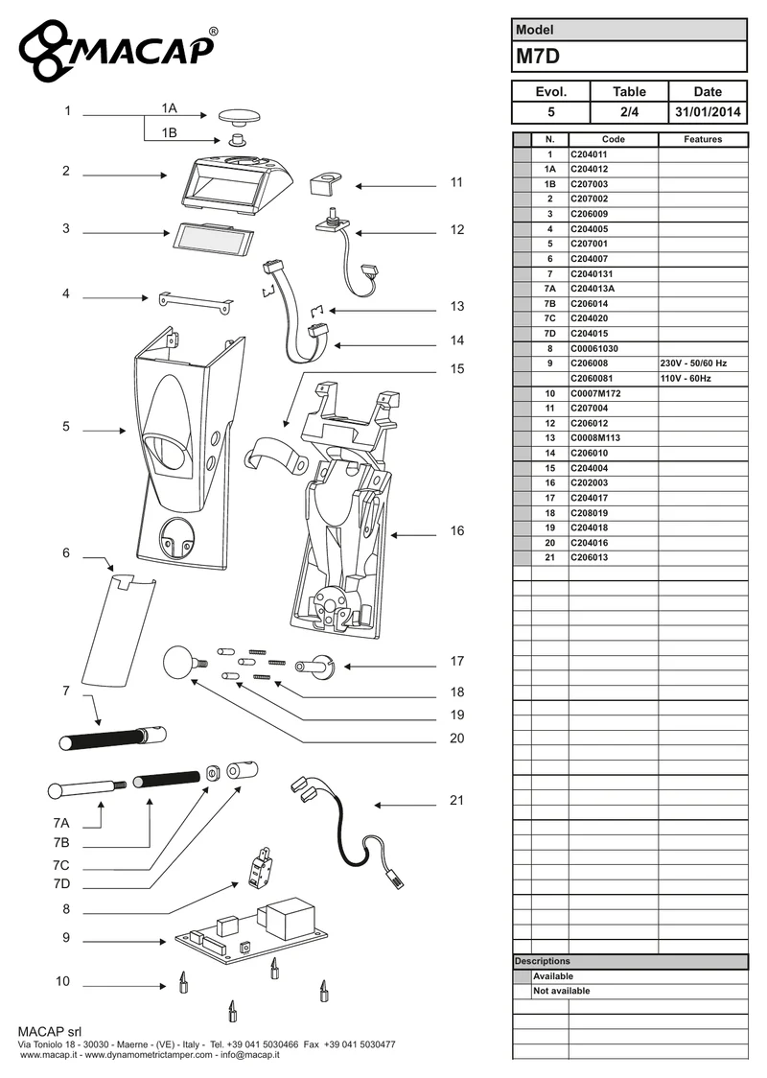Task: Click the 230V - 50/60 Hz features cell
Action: point(703,363)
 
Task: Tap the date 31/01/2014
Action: point(708,112)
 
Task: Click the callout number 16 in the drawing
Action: point(457,530)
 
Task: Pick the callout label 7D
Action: point(61,884)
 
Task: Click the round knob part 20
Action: point(182,662)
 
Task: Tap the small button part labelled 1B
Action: point(238,140)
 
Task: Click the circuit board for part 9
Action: point(251,928)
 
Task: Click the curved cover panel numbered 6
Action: point(118,629)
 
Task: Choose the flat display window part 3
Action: point(213,238)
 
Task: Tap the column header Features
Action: point(703,140)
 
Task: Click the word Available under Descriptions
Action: point(553,976)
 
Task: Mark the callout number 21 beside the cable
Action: point(457,800)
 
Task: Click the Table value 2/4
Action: point(630,112)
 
